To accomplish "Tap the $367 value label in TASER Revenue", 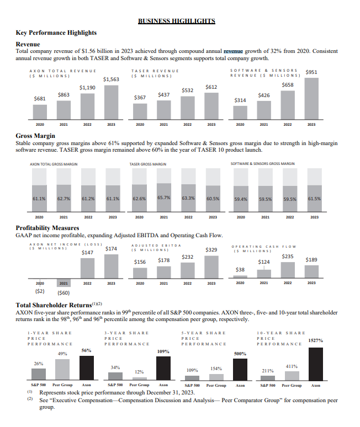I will point(140,98).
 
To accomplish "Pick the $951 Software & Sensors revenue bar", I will point(312,98).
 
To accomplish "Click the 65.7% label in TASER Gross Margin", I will point(164,197).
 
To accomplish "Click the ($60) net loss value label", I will point(63,293).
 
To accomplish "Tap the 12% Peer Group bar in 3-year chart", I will point(139,378).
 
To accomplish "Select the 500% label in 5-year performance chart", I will point(240,353).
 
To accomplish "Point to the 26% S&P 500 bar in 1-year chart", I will point(39,374).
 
